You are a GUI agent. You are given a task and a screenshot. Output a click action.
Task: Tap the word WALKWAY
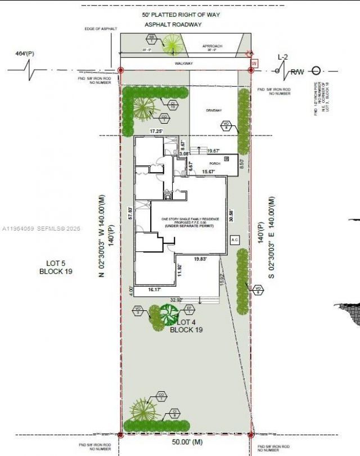(x=183, y=64)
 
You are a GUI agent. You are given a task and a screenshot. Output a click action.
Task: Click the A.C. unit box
(x=235, y=240)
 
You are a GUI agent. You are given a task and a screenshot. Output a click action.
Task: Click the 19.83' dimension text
(x=200, y=259)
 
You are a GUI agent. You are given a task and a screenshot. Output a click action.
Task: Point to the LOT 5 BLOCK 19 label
(x=56, y=267)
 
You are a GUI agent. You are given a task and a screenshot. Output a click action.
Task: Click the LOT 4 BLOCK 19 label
(x=186, y=326)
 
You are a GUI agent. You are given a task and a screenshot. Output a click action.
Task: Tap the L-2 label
(x=284, y=57)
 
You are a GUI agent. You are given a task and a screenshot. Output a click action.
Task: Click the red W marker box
(x=254, y=64)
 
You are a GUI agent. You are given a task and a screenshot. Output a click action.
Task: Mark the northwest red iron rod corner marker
(x=120, y=70)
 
